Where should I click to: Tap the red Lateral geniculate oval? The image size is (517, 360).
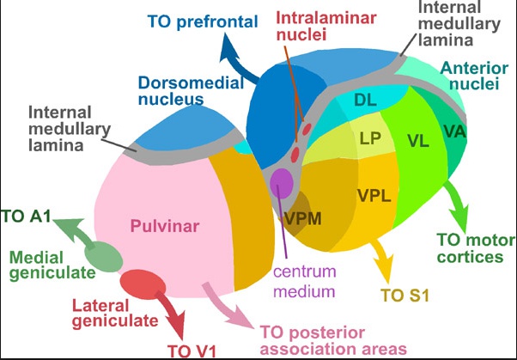[x=143, y=282]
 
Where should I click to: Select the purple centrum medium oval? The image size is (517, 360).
[x=282, y=182]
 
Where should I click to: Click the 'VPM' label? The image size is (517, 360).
[x=305, y=217]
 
